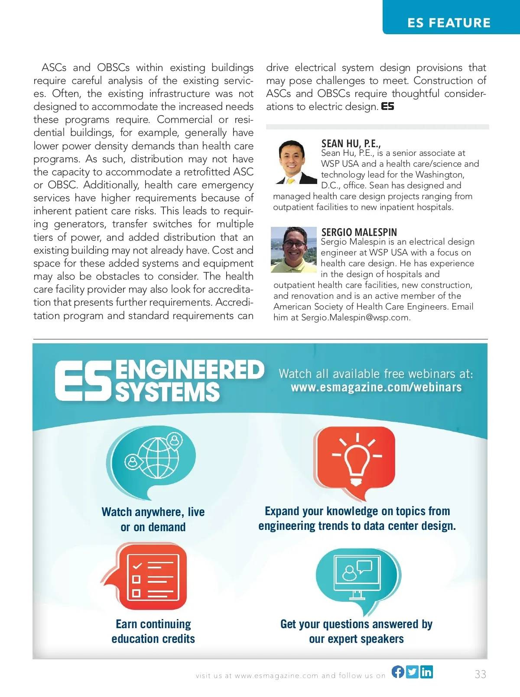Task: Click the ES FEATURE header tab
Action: (x=449, y=23)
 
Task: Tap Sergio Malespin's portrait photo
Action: (x=294, y=250)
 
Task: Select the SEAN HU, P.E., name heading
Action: (x=351, y=143)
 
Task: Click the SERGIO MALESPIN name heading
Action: (x=359, y=232)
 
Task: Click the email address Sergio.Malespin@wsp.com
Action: (x=355, y=317)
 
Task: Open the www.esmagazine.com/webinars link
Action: (x=376, y=387)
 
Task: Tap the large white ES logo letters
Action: (x=83, y=381)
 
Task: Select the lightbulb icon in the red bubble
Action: (x=357, y=459)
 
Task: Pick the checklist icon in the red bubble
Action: (x=153, y=577)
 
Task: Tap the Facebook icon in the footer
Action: (x=398, y=671)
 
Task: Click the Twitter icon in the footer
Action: (x=412, y=671)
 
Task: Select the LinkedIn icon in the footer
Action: (x=426, y=671)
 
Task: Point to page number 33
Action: (x=480, y=674)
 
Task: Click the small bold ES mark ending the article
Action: (x=387, y=106)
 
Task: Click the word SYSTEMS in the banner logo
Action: (x=168, y=392)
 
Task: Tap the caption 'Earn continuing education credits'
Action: (x=153, y=631)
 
